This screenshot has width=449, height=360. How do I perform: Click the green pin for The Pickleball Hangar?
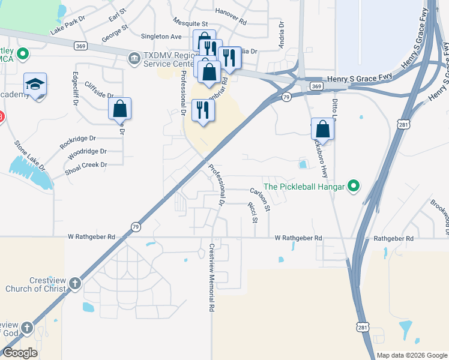(x=354, y=187)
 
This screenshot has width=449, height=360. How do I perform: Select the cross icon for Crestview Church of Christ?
(x=75, y=284)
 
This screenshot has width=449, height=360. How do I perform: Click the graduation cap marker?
(x=35, y=83)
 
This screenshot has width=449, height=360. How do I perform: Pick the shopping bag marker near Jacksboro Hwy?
(x=322, y=129)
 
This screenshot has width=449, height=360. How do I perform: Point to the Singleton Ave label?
(x=161, y=37)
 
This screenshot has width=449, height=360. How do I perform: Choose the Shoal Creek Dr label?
(x=87, y=165)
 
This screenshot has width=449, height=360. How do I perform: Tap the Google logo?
(x=20, y=353)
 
